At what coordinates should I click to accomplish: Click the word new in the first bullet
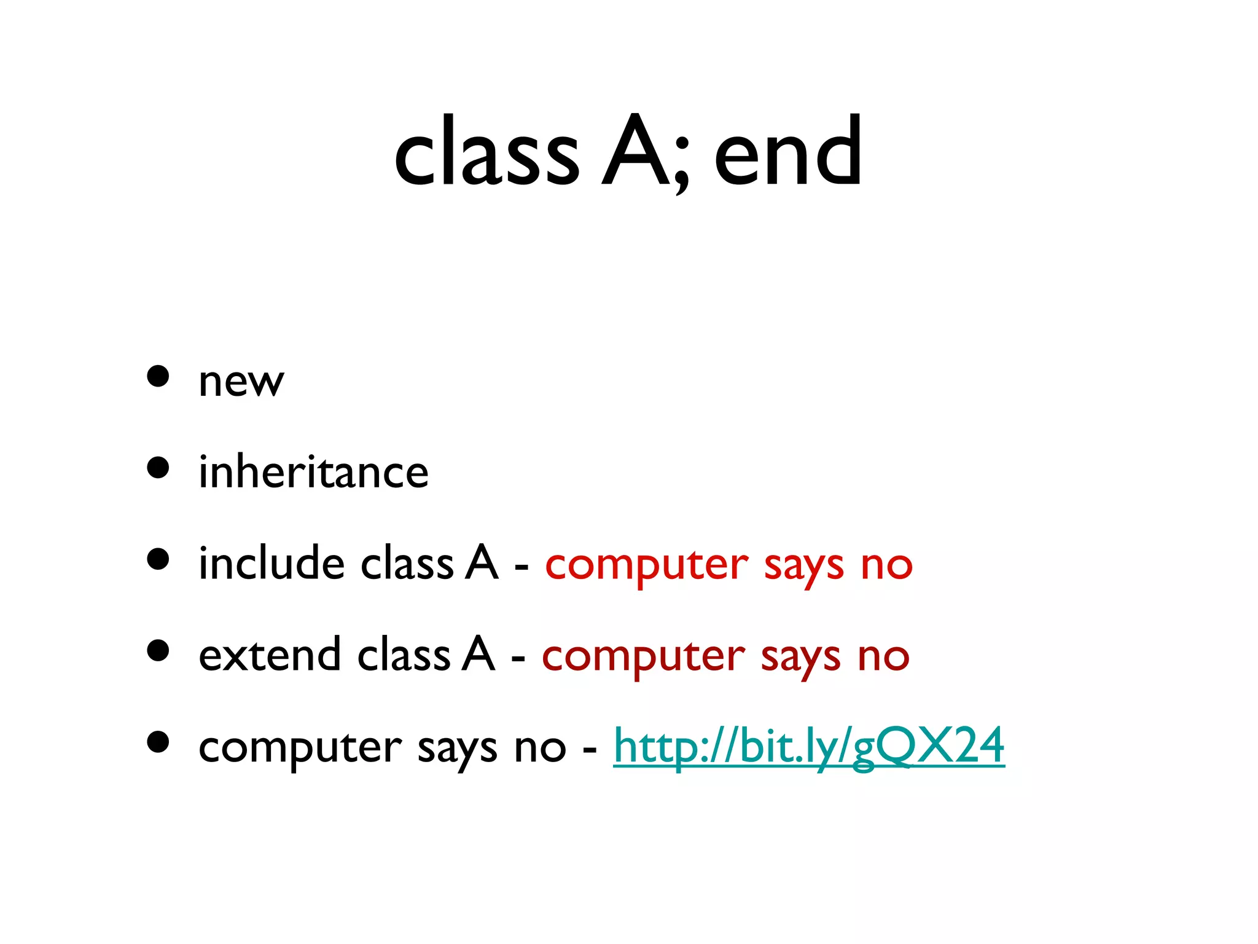[241, 382]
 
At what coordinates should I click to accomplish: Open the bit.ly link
[809, 745]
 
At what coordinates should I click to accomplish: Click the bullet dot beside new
[158, 376]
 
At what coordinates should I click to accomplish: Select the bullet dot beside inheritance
[158, 468]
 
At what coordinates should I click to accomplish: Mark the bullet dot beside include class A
[158, 559]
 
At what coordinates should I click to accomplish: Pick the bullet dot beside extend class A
[158, 650]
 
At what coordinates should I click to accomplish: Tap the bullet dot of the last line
[158, 742]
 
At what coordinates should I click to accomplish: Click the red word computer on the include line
[647, 565]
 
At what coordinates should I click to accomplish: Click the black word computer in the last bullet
[300, 749]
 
